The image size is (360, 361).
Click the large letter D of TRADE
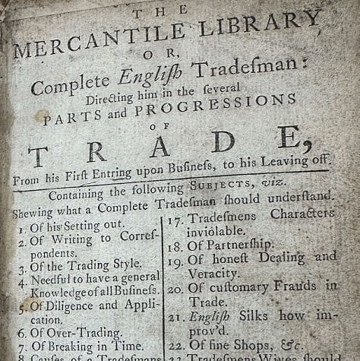pyautogui.click(x=223, y=142)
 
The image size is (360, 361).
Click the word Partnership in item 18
pyautogui.click(x=241, y=245)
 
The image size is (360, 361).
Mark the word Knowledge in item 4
pyautogui.click(x=55, y=290)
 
